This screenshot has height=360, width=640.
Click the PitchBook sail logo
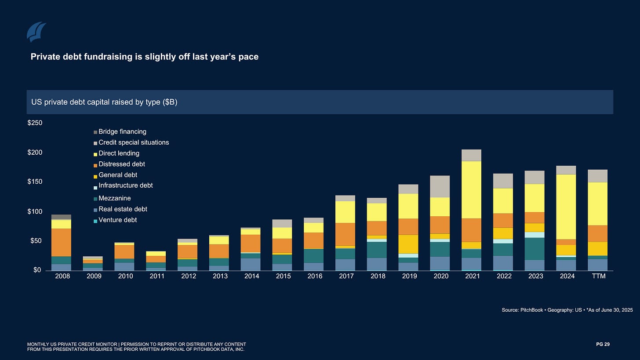pos(36,32)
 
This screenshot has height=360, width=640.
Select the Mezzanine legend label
pos(114,198)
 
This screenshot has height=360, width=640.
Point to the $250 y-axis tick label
pos(35,123)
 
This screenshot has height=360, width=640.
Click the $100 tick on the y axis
pos(35,212)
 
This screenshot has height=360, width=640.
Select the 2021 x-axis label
pos(473,276)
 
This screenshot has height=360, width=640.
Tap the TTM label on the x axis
pos(598,276)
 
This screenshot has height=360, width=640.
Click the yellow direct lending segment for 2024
pos(567,207)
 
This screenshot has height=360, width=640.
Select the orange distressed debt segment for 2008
pos(61,242)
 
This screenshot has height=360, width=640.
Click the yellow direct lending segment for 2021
pos(473,189)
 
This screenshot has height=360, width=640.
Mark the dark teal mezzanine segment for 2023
pos(535,249)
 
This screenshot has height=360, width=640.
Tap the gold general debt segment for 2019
pos(409,244)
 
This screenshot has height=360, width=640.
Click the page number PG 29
pos(603,344)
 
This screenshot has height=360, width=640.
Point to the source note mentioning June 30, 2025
pos(567,310)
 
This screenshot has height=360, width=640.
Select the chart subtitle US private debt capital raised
pos(104,102)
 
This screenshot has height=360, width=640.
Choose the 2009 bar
pos(93,263)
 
